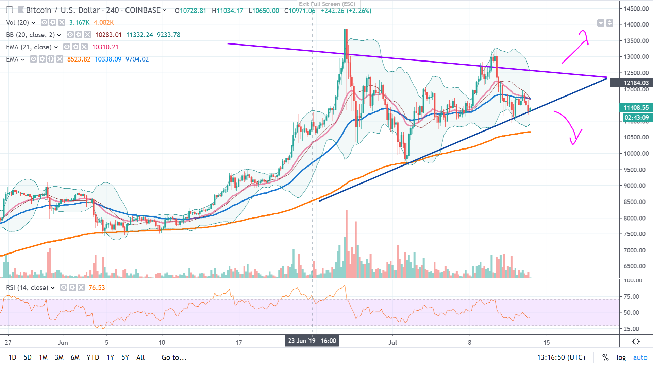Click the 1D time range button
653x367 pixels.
click(12, 357)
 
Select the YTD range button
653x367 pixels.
click(93, 357)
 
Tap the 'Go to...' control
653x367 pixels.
click(174, 357)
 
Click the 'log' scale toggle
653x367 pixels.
click(621, 357)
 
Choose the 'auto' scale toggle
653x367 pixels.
click(640, 357)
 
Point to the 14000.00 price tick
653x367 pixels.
click(636, 24)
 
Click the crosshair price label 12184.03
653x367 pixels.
click(636, 83)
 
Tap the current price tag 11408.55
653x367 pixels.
click(636, 108)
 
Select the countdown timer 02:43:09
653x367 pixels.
click(636, 118)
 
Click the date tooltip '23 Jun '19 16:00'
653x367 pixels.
click(312, 341)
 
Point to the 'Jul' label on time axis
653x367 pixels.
click(392, 343)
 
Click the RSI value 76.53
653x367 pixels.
click(97, 288)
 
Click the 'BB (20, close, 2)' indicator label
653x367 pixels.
click(30, 35)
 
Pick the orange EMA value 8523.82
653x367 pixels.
click(79, 59)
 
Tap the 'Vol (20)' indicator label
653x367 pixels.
click(17, 22)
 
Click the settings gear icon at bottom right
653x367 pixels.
click(635, 342)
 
